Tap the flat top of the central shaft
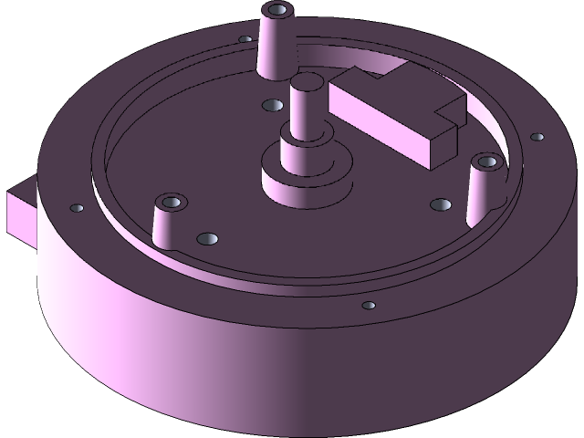tap(307, 84)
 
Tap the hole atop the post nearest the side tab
tap(171, 200)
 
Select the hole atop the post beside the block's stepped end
tap(487, 162)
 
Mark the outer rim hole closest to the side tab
tap(76, 207)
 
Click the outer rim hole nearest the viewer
tap(369, 305)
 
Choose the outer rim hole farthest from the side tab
tap(537, 138)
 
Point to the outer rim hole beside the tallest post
tap(245, 39)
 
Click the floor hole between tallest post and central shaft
tap(271, 106)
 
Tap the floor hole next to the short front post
tap(208, 239)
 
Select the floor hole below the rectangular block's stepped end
tap(440, 203)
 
